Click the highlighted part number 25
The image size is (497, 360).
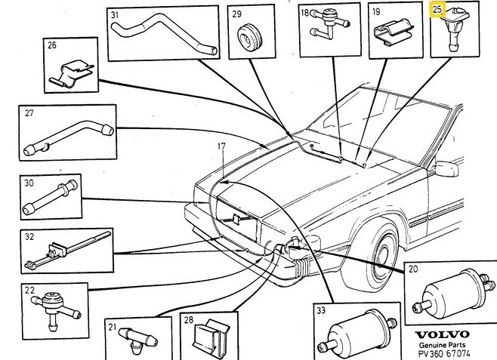(x=438, y=11)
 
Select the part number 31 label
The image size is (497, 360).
(x=115, y=15)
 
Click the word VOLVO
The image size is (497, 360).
(x=443, y=334)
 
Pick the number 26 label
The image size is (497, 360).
(x=52, y=45)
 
